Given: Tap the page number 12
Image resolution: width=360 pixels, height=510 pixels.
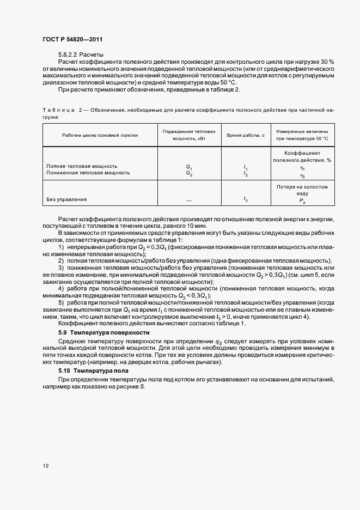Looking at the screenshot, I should click(x=46, y=466).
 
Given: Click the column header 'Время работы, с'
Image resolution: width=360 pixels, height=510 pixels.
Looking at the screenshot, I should click(x=246, y=136).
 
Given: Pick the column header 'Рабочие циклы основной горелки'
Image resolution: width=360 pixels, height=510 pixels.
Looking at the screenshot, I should click(x=100, y=136).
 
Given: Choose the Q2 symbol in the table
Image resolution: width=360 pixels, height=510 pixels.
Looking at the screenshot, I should click(x=189, y=174).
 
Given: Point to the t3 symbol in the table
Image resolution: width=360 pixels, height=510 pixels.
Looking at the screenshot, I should click(x=246, y=199).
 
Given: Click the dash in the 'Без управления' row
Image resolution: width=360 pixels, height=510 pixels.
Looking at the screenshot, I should click(x=189, y=201).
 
